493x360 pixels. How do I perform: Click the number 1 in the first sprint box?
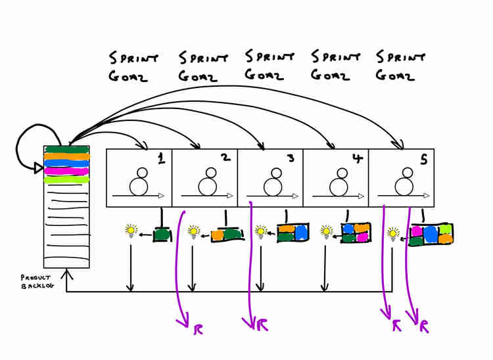tap(161, 159)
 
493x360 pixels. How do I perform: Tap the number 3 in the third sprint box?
tap(291, 158)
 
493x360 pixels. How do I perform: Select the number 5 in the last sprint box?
tap(424, 160)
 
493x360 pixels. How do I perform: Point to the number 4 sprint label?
tap(358, 158)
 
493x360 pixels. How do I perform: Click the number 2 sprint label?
tap(226, 158)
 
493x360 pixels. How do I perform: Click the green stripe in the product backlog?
tap(66, 149)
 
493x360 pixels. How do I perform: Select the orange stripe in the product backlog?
tap(66, 156)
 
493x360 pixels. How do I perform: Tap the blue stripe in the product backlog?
tap(66, 164)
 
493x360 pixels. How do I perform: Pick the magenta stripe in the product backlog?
tap(66, 171)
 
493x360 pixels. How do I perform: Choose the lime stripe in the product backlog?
tap(66, 180)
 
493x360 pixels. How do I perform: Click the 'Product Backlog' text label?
tap(37, 282)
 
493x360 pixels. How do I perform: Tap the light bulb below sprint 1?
tap(131, 231)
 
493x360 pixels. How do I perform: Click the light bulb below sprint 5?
tap(392, 234)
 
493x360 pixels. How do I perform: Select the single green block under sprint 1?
tap(162, 235)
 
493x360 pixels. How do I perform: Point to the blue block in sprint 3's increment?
tap(302, 233)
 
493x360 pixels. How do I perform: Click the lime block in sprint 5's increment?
tap(446, 229)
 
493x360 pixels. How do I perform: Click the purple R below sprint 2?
tap(198, 329)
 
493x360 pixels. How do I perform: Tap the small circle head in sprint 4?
tap(342, 173)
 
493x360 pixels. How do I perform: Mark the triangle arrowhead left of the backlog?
tap(38, 168)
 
